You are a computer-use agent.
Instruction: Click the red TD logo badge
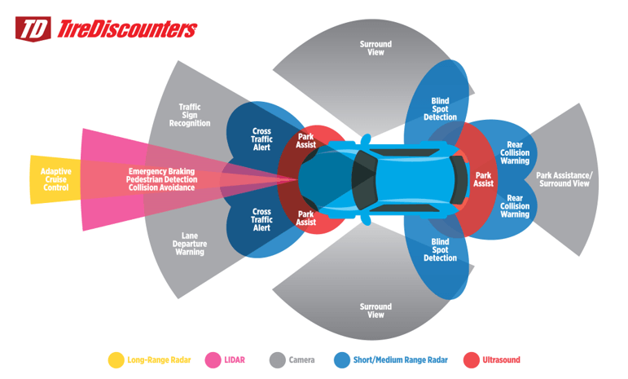[33, 29]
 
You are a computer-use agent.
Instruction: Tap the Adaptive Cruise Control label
[56, 179]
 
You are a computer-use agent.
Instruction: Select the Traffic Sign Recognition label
[190, 115]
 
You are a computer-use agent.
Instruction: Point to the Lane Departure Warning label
[190, 244]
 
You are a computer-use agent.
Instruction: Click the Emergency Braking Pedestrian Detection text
[162, 175]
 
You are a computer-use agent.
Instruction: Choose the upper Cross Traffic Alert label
[261, 139]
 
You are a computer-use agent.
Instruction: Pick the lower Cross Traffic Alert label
[261, 219]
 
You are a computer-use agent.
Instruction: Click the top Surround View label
[375, 48]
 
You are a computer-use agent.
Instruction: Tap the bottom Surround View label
[375, 311]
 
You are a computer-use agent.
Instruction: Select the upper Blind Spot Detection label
[440, 109]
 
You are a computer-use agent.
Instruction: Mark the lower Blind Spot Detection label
[440, 249]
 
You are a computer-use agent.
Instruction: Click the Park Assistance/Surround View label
[564, 179]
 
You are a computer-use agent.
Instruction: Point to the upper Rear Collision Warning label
[515, 152]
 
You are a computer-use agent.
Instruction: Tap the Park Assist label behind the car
[483, 179]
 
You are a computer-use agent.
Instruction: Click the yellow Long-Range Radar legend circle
[116, 359]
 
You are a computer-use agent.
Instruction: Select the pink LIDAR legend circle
[213, 359]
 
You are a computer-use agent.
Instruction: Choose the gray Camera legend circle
[278, 359]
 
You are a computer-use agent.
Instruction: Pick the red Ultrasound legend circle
[472, 359]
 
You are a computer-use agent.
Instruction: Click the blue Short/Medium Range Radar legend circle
[342, 359]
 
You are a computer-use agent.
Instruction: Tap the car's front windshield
[363, 180]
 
